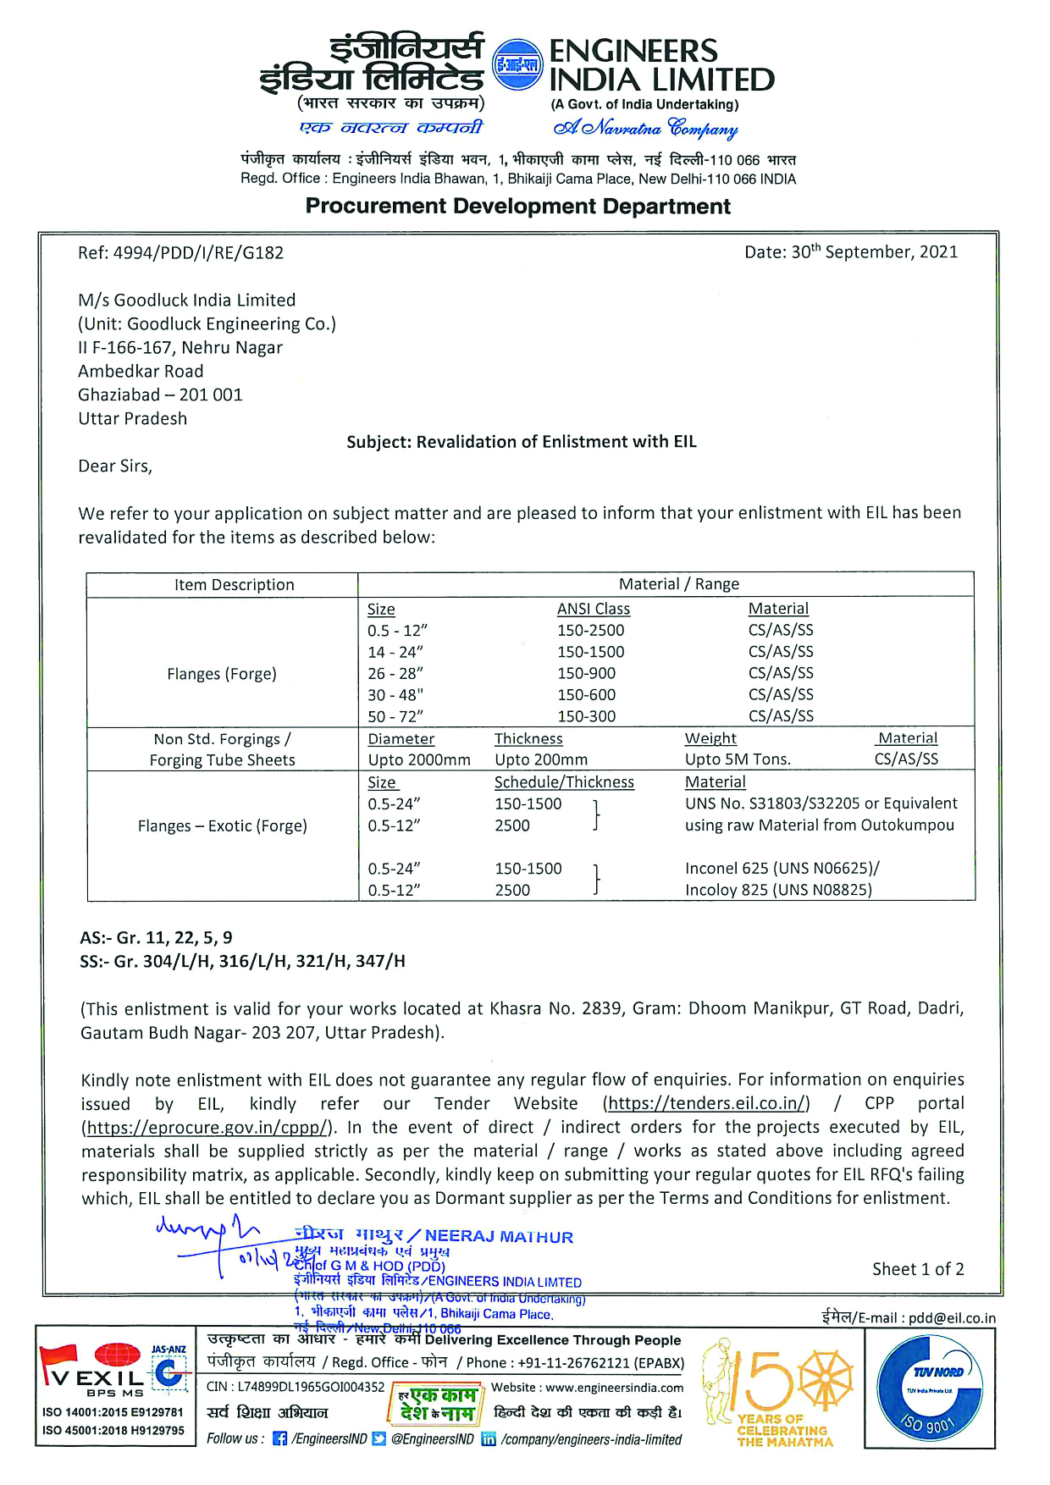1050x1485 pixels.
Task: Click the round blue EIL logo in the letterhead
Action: pos(517,65)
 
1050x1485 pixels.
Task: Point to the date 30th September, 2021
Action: pos(851,252)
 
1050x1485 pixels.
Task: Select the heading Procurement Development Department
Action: pos(517,207)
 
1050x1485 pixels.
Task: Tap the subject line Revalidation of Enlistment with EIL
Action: pos(521,442)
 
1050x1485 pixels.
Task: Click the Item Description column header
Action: pos(234,584)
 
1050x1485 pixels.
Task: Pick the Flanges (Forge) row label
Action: pos(222,674)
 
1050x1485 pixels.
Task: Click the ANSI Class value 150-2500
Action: pos(590,631)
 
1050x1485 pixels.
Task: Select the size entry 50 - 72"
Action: pos(395,716)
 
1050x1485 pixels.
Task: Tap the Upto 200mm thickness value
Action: pos(541,760)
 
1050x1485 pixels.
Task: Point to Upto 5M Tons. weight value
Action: pos(738,760)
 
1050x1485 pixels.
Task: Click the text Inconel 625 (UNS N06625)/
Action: pos(782,869)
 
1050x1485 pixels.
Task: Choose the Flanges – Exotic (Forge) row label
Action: pos(222,826)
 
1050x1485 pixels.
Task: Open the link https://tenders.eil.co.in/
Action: pos(706,1104)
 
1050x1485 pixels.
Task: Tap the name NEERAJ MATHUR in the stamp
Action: pos(499,1237)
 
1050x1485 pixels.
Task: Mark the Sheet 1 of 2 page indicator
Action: pos(918,1269)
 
